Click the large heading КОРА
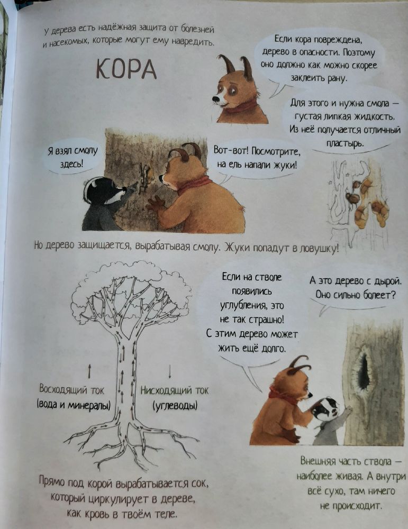pos(126,68)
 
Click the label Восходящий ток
pos(72,390)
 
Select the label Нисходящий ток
pos(175,390)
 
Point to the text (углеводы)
pos(175,406)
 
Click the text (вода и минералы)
pos(74,406)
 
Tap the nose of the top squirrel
pos(215,98)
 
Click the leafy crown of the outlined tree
pos(129,288)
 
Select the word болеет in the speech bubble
pos(376,294)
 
